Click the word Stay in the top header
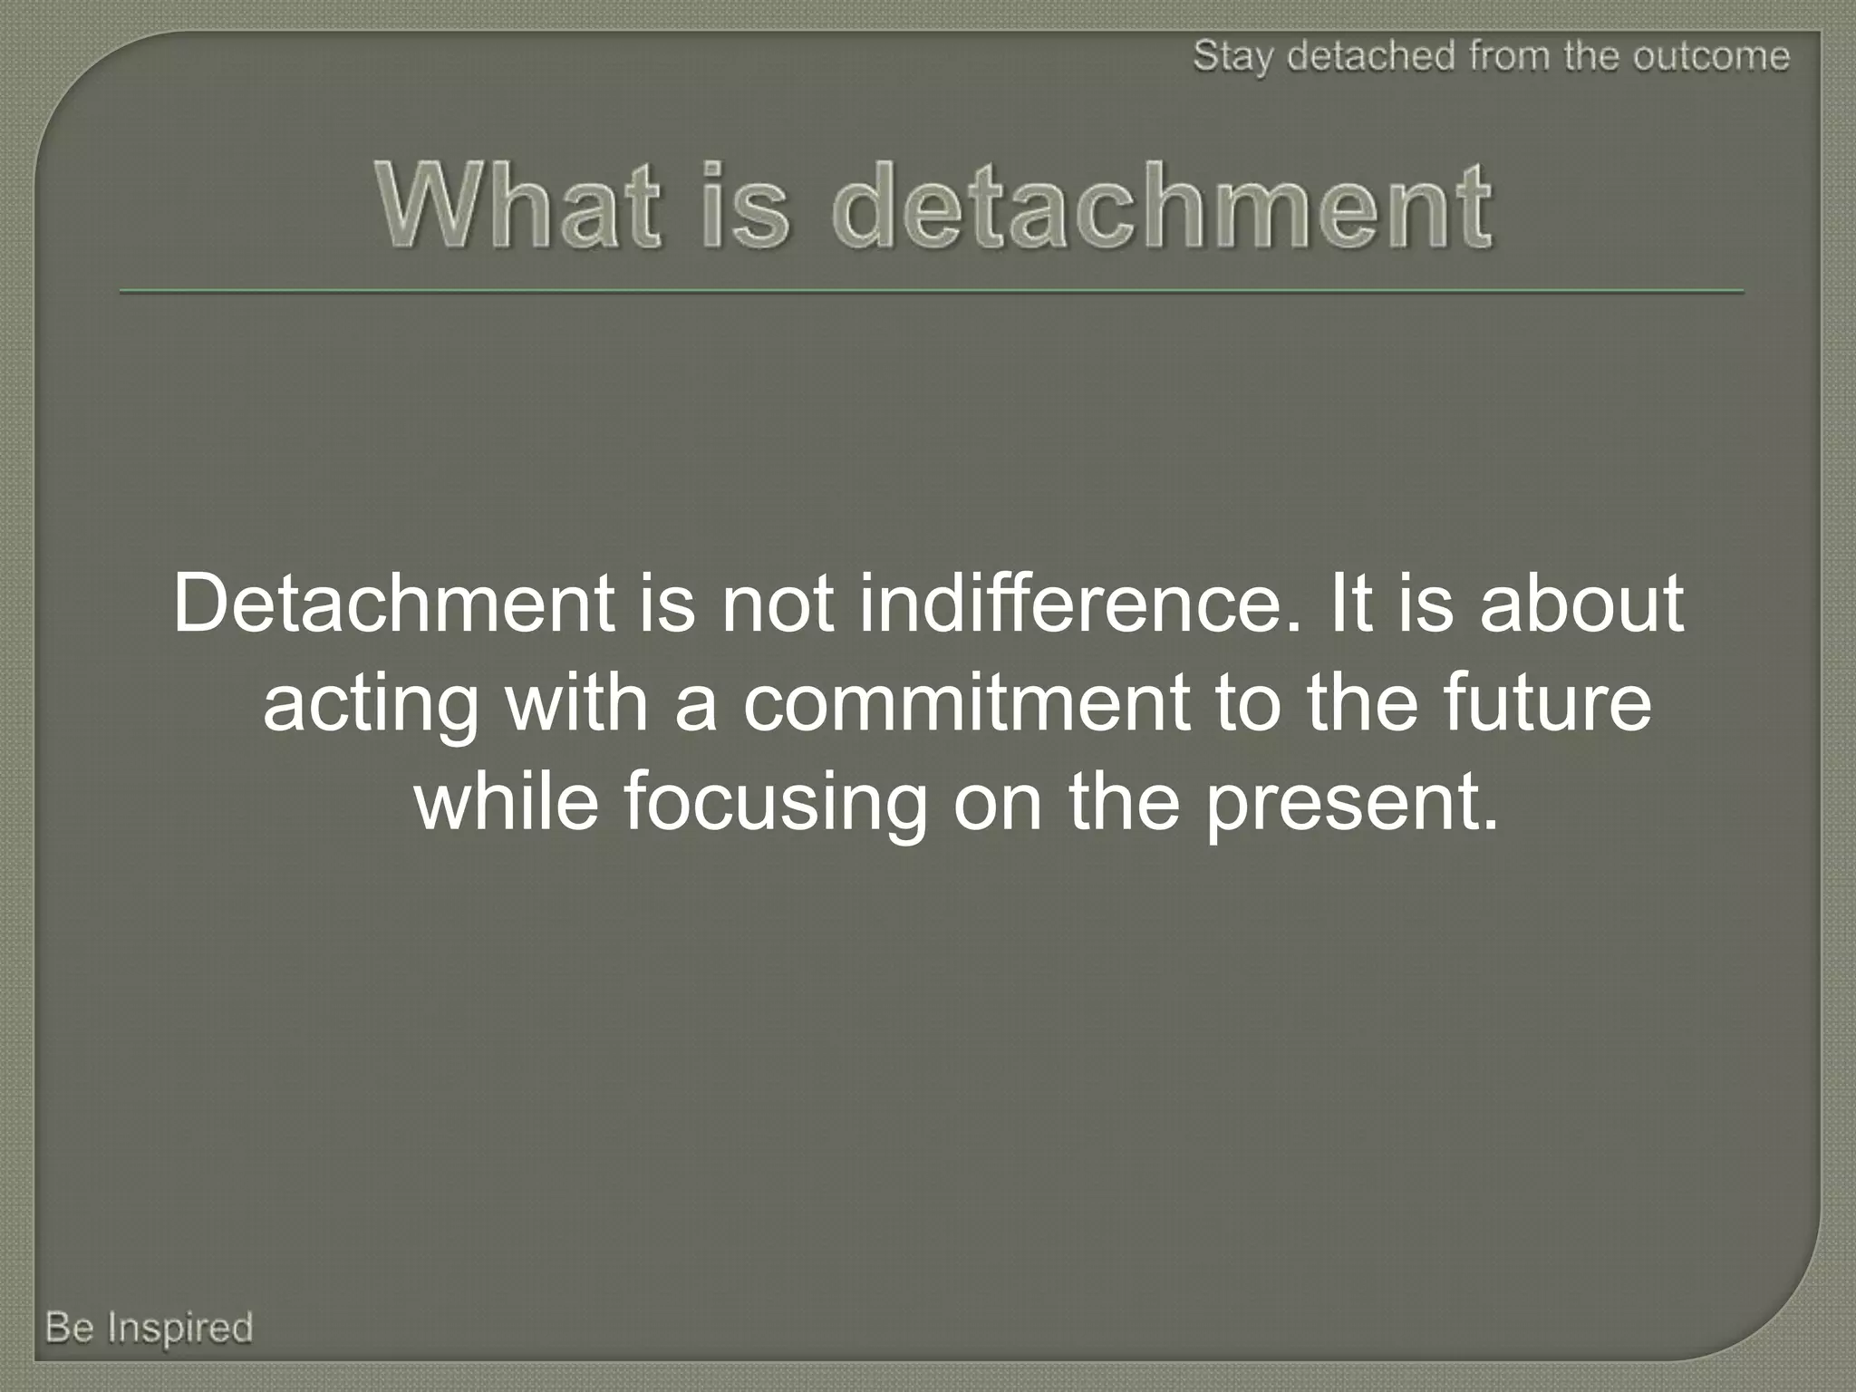click(1233, 57)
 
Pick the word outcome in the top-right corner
click(1712, 56)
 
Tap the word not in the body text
click(778, 604)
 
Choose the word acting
click(371, 705)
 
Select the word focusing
click(776, 804)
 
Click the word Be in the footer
click(70, 1328)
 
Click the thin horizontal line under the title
click(931, 292)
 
